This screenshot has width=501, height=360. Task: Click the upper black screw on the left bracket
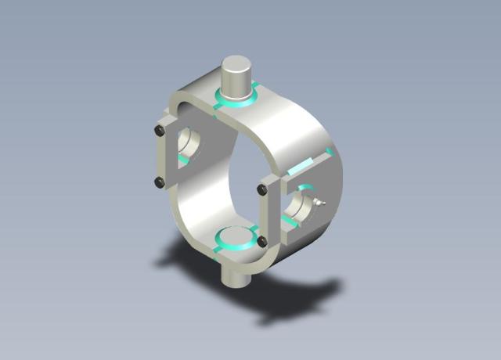tap(160, 131)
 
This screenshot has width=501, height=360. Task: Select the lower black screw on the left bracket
tap(160, 182)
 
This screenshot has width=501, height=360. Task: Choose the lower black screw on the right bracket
tap(262, 241)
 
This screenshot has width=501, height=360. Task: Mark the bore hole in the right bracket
tap(301, 206)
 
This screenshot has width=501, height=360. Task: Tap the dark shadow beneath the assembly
tap(290, 297)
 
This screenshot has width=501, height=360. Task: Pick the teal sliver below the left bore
tap(183, 160)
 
